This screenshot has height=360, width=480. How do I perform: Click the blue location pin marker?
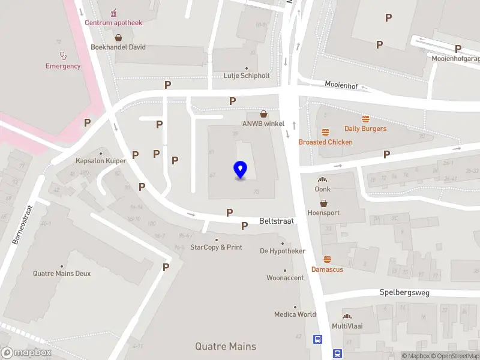(241, 170)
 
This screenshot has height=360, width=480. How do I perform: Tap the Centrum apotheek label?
(113, 23)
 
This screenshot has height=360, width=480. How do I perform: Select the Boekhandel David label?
(118, 47)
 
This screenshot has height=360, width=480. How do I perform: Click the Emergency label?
(63, 66)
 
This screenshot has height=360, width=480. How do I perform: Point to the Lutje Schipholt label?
(247, 76)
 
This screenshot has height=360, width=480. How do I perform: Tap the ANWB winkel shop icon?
(263, 114)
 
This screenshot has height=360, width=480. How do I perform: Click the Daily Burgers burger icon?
(365, 118)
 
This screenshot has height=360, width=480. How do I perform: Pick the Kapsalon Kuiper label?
(101, 161)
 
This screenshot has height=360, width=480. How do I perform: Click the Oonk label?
(323, 189)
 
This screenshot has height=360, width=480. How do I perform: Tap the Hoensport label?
(323, 212)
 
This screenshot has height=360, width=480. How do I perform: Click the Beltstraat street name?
(277, 221)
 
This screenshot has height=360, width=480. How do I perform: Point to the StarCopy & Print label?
(216, 247)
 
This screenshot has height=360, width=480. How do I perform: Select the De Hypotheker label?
(283, 251)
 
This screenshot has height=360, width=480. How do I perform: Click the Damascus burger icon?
(327, 260)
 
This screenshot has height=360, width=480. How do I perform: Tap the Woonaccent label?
(285, 278)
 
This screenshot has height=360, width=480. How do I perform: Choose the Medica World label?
(295, 314)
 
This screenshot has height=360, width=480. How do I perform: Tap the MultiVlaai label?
(347, 326)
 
